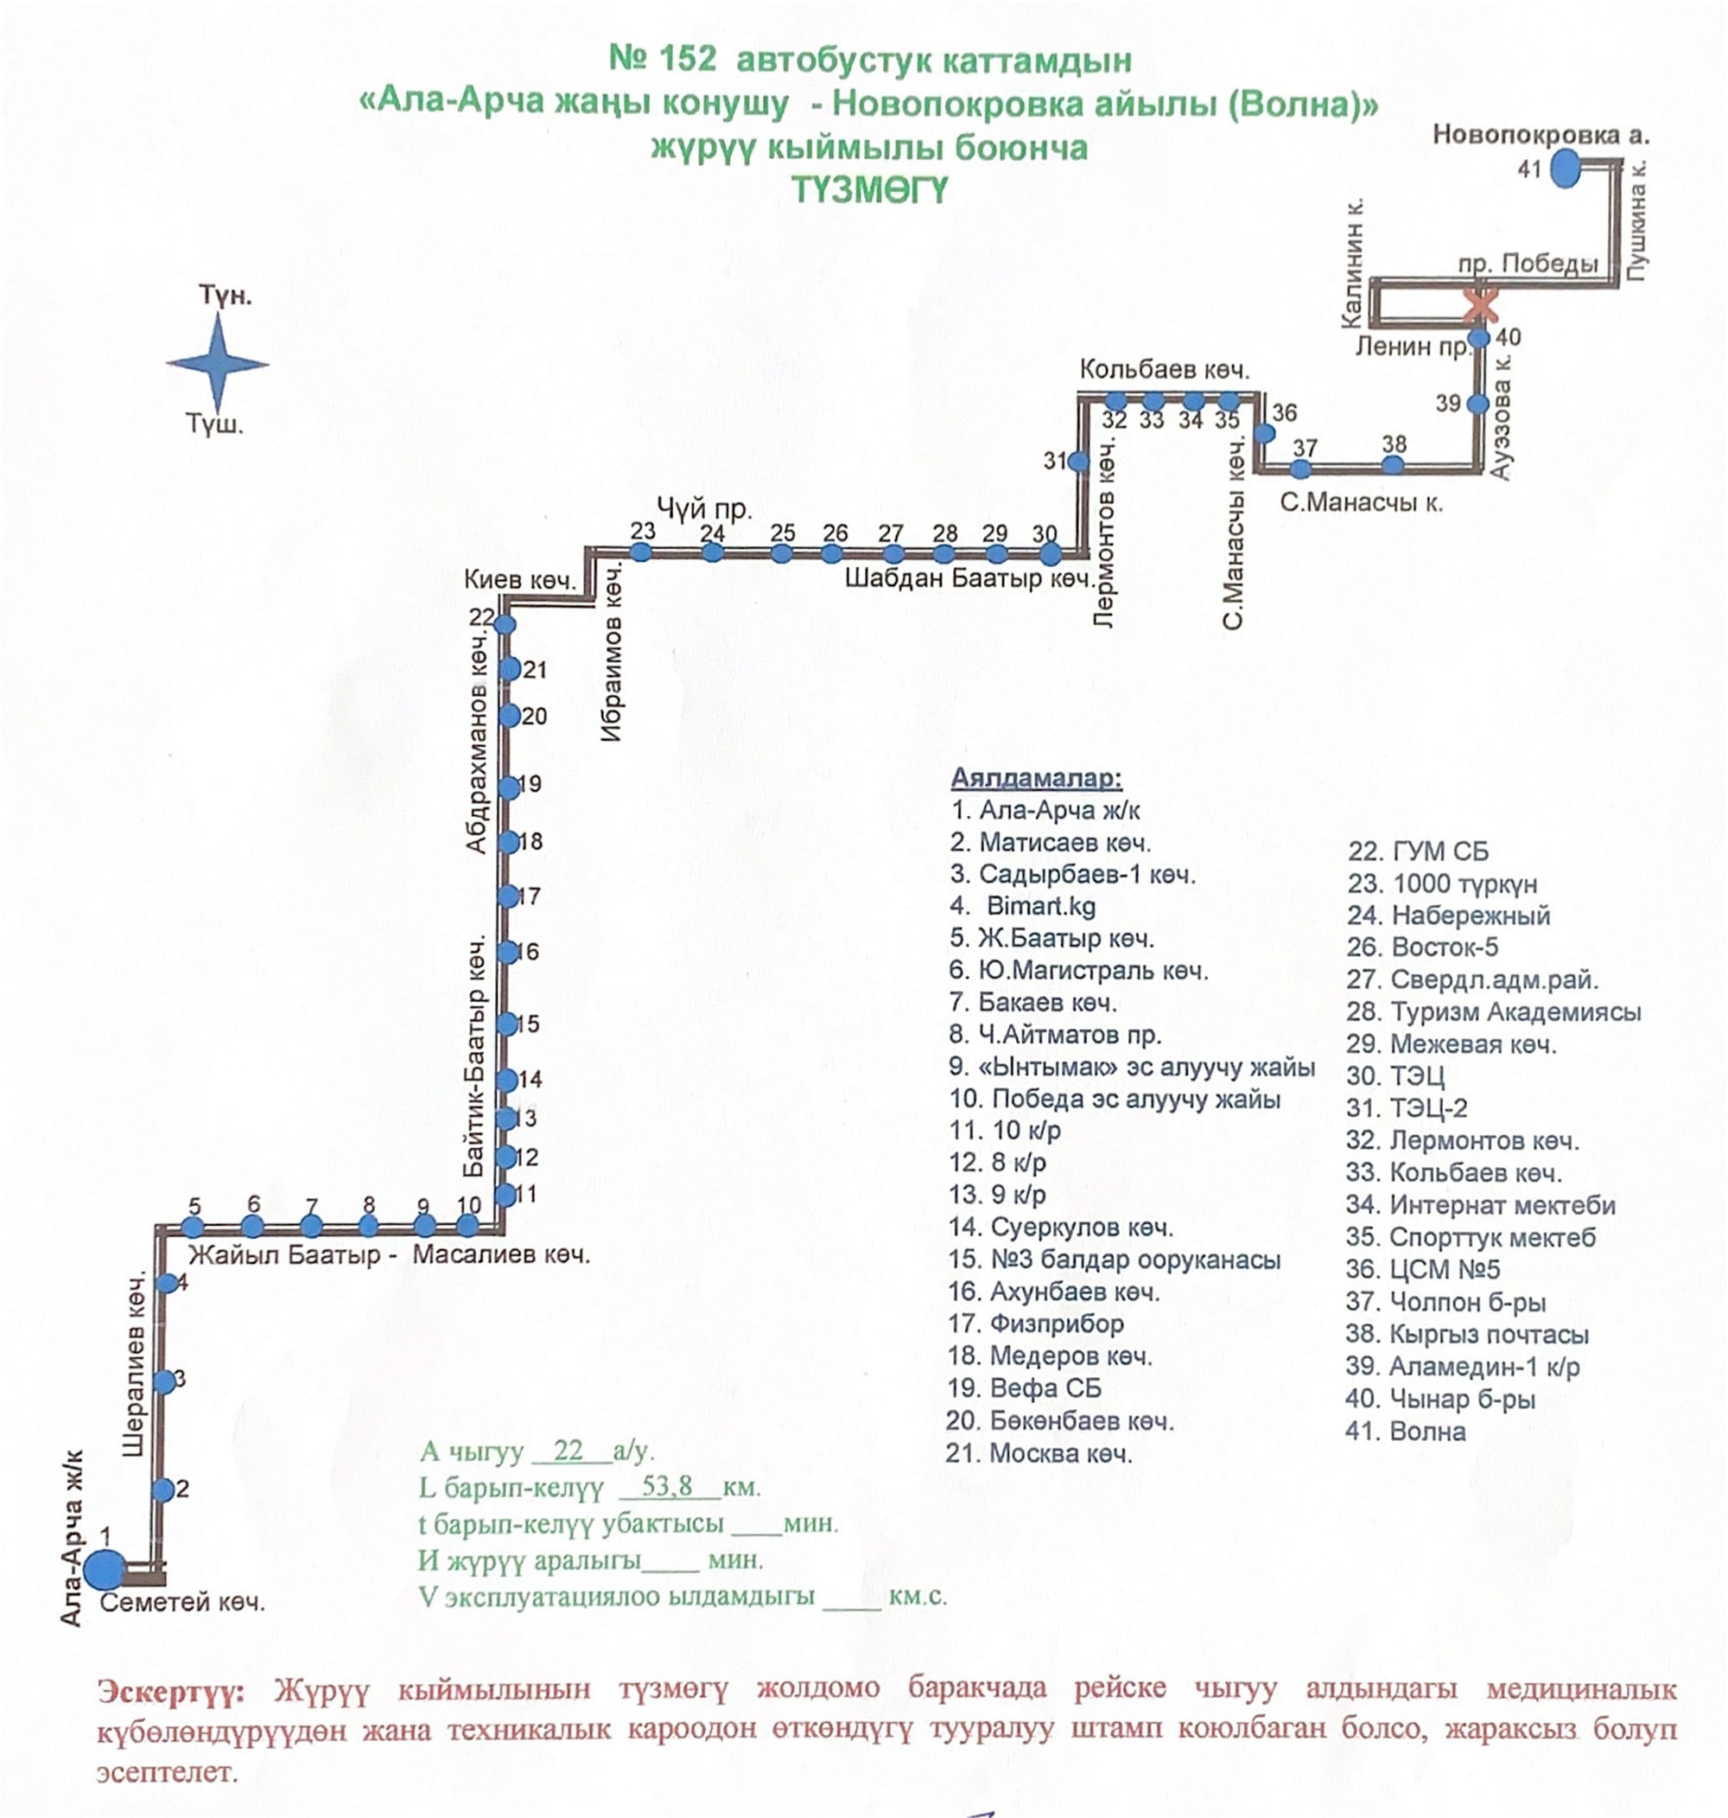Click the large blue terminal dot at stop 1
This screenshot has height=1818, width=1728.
click(x=105, y=1569)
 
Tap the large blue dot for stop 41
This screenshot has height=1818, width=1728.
click(x=1565, y=169)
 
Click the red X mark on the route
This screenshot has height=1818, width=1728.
click(x=1481, y=305)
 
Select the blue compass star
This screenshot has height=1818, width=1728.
click(x=219, y=363)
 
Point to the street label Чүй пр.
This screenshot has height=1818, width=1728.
click(x=703, y=507)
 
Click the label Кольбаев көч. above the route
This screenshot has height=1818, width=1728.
click(x=1165, y=369)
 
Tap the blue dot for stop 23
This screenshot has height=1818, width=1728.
click(x=641, y=552)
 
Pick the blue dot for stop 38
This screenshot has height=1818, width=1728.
click(x=1394, y=465)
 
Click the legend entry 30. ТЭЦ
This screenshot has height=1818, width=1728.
click(x=1394, y=1076)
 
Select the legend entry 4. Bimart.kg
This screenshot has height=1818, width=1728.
click(x=1022, y=907)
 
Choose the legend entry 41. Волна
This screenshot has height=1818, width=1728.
click(x=1405, y=1431)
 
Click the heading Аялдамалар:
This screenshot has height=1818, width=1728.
click(x=1036, y=779)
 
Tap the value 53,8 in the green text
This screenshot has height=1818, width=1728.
click(x=667, y=1486)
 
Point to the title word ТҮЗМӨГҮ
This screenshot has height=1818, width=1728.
click(x=869, y=191)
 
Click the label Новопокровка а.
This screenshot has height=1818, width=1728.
click(x=1541, y=136)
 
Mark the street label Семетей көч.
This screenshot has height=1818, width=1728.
click(x=182, y=1603)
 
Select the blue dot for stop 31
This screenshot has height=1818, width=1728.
click(x=1078, y=461)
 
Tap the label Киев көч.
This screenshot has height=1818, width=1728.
click(x=519, y=579)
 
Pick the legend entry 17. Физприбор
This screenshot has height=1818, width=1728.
click(x=1035, y=1324)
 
